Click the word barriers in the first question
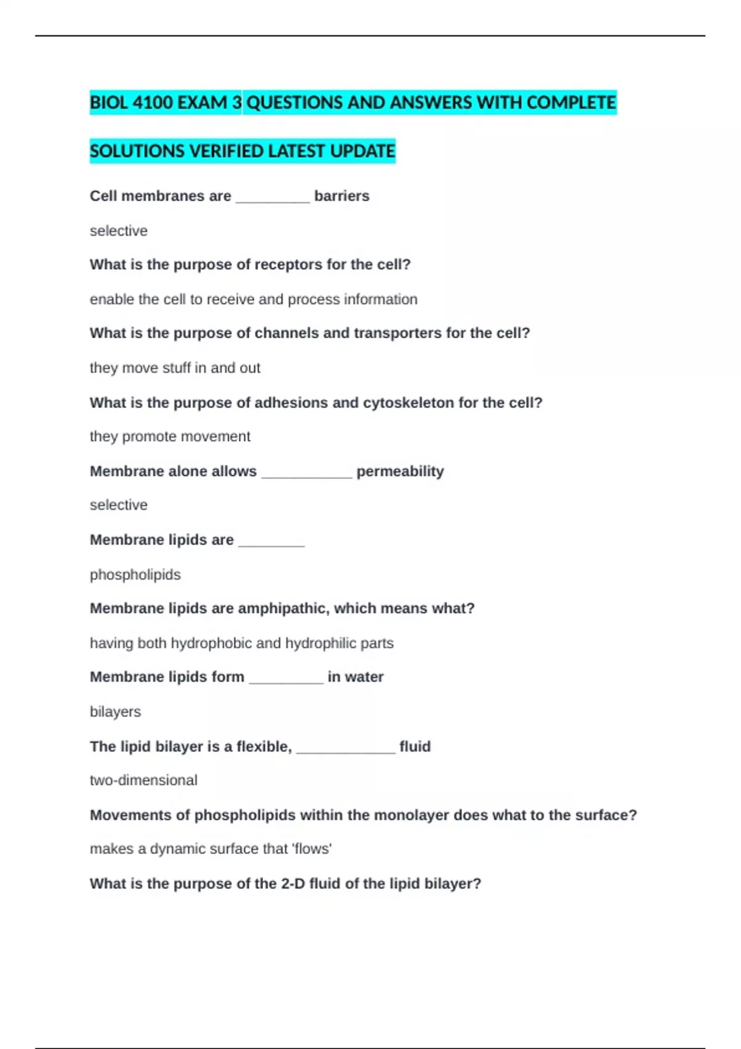point(341,196)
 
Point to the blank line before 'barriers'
point(272,199)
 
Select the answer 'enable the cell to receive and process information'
point(253,299)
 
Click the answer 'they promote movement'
point(170,437)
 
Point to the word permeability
point(400,471)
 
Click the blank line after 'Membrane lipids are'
point(271,543)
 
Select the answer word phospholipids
point(135,575)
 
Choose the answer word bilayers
point(115,712)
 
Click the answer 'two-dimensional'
point(143,781)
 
